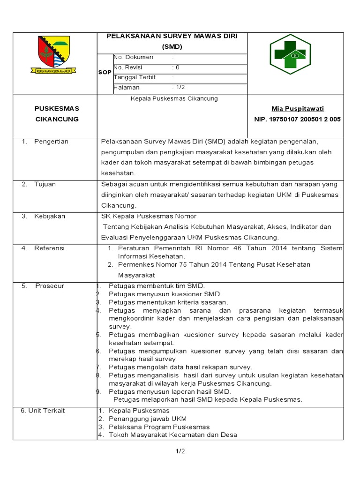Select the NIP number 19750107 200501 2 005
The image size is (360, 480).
297,120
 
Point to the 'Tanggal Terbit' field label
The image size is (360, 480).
135,77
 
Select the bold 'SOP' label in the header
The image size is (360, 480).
105,73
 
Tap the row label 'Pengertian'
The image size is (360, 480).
51,142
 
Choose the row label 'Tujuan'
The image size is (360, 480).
45,184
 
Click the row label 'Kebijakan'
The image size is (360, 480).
50,216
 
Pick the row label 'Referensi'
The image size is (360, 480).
49,248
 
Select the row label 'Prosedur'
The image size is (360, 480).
50,286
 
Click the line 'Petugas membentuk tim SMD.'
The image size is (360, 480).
157,286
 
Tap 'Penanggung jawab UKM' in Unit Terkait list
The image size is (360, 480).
148,419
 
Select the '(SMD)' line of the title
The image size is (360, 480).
172,47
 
